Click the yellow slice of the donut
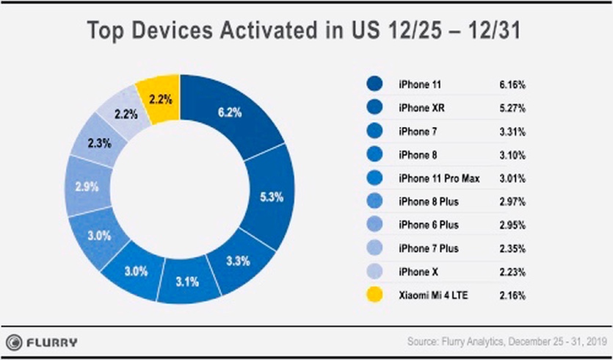[162, 98]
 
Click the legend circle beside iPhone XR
[375, 107]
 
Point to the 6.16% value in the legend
[512, 84]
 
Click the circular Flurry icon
[14, 342]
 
